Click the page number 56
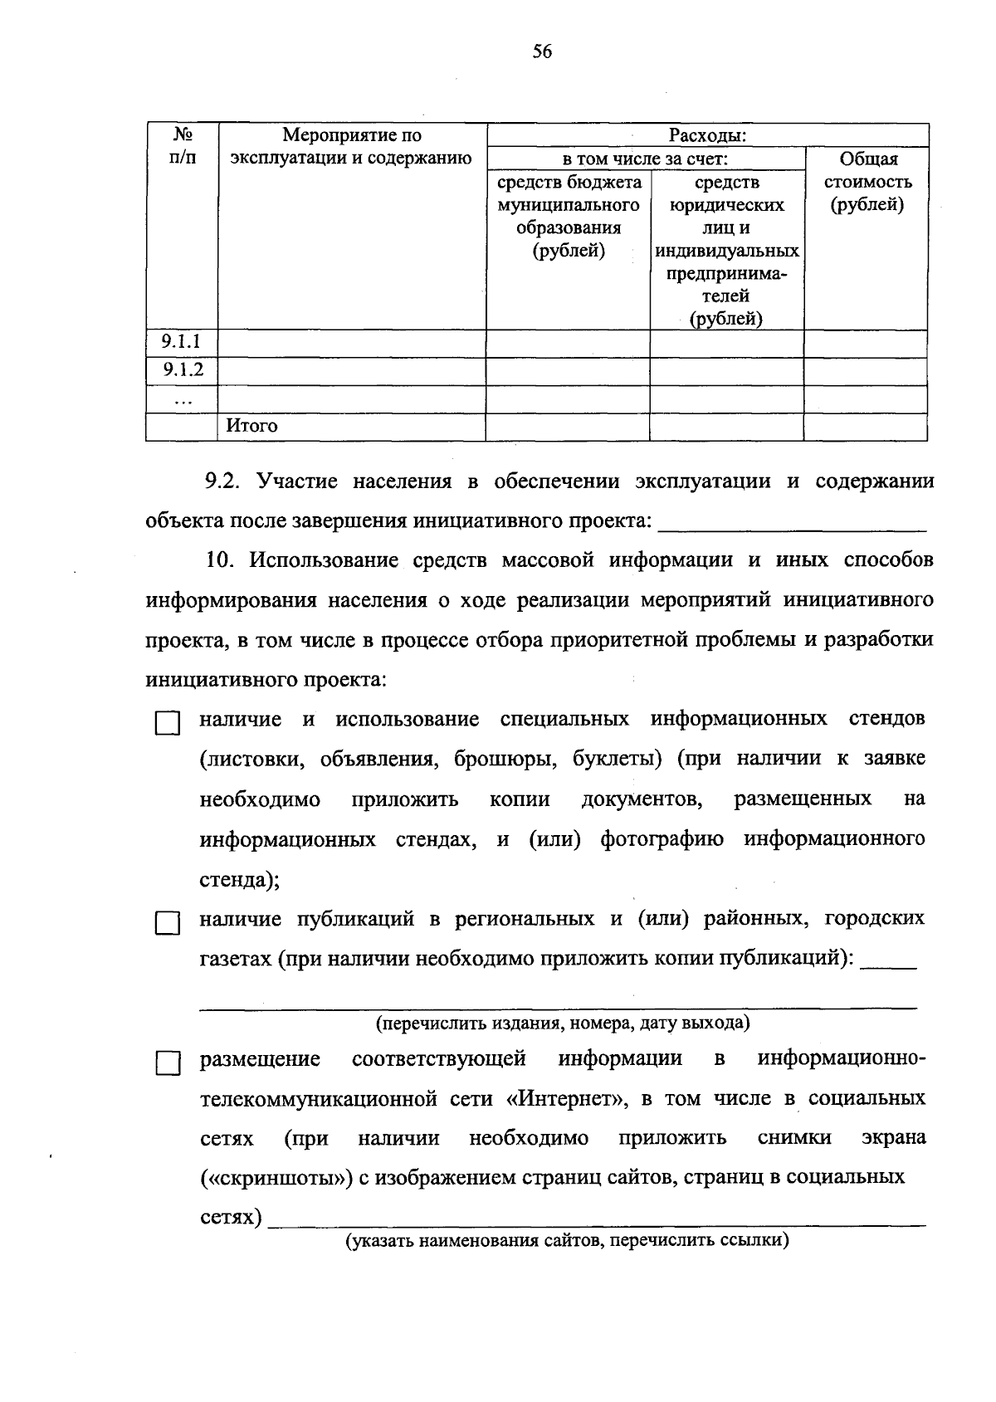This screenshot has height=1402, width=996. pyautogui.click(x=542, y=52)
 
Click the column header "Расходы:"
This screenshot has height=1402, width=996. pyautogui.click(x=707, y=135)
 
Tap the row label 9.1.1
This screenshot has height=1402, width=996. pyautogui.click(x=181, y=342)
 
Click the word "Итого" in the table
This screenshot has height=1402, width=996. pyautogui.click(x=252, y=426)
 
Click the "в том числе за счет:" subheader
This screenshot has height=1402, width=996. pyautogui.click(x=645, y=159)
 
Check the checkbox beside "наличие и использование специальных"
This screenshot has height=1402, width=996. pyautogui.click(x=168, y=723)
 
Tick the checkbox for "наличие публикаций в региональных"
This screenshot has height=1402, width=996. pyautogui.click(x=168, y=923)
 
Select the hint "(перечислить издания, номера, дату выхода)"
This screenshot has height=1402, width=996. pyautogui.click(x=563, y=1023)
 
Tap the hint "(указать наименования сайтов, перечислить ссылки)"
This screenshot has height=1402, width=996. pyautogui.click(x=567, y=1241)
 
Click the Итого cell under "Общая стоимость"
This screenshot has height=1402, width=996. pyautogui.click(x=865, y=427)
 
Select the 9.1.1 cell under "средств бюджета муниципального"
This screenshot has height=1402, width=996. pyautogui.click(x=568, y=343)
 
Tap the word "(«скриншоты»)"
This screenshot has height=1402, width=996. pyautogui.click(x=277, y=1178)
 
